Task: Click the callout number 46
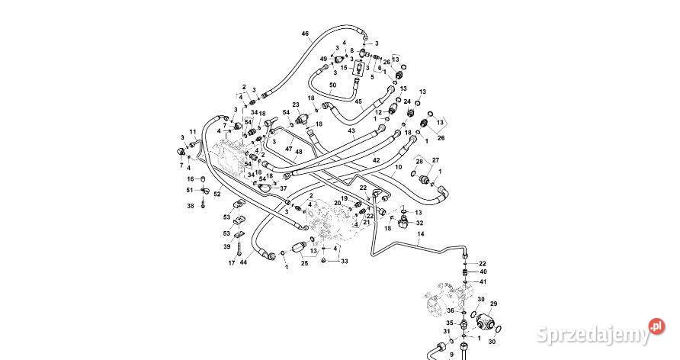(305, 34)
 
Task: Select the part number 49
(323, 59)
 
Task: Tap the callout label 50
(332, 85)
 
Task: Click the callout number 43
(351, 131)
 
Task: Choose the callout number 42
(376, 160)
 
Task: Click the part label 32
(419, 223)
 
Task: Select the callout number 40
(483, 272)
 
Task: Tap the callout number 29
(492, 304)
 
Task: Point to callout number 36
(451, 311)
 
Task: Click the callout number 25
(303, 263)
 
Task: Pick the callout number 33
(345, 261)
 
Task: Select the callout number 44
(243, 263)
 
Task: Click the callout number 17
(231, 263)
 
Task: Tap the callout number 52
(217, 194)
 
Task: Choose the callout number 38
(191, 206)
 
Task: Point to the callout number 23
(296, 104)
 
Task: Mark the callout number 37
(283, 188)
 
